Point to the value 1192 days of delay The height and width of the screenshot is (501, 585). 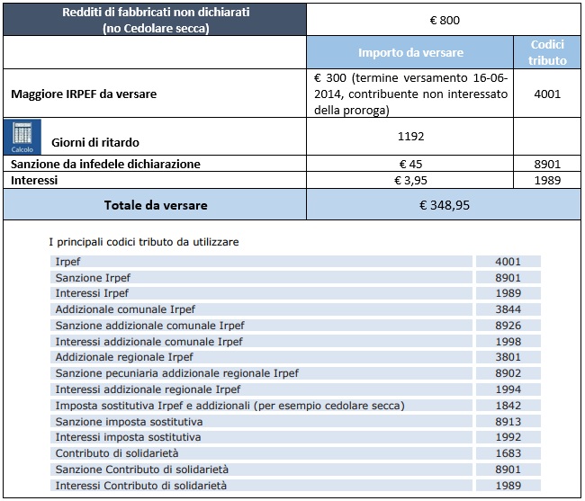pos(409,138)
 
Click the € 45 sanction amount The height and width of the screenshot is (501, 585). pos(409,164)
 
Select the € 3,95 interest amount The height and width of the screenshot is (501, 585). pos(409,180)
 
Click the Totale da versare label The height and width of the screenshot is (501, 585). pos(155,205)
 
